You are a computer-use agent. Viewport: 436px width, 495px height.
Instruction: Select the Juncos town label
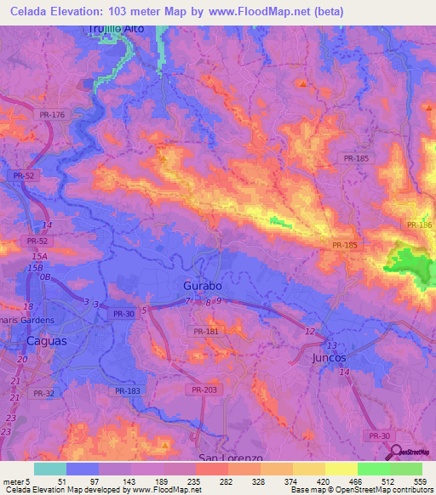pyautogui.click(x=325, y=358)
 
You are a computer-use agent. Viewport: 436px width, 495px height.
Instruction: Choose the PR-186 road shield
pyautogui.click(x=419, y=225)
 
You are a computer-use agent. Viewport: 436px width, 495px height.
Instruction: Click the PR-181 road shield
pyautogui.click(x=206, y=332)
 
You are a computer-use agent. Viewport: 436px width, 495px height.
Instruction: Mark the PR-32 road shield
pyautogui.click(x=44, y=393)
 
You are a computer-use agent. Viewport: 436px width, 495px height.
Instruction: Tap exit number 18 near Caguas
pyautogui.click(x=28, y=306)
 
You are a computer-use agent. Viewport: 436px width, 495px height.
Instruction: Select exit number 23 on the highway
pyautogui.click(x=11, y=418)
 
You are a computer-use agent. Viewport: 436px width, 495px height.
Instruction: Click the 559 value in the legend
pyautogui.click(x=417, y=481)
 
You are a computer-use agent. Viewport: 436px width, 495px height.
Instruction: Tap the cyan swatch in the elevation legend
pyautogui.click(x=50, y=469)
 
